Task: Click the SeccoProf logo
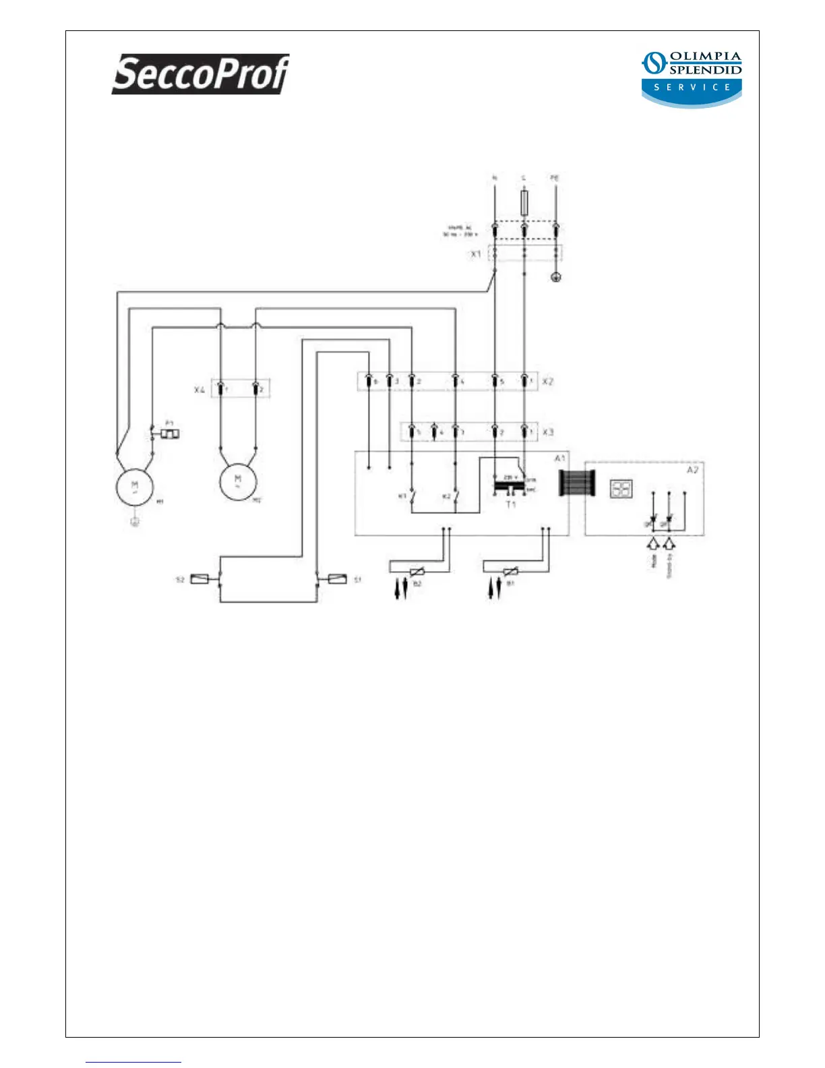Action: [200, 73]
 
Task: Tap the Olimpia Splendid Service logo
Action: [692, 78]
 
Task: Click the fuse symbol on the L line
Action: [524, 202]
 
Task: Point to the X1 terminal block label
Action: [476, 254]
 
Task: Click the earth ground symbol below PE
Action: [556, 276]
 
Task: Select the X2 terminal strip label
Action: [548, 382]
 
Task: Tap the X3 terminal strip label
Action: [548, 432]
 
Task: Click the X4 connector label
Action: [200, 390]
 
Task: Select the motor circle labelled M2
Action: [238, 481]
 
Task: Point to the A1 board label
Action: [559, 458]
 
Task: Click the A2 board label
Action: [692, 470]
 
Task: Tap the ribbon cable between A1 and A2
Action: [577, 483]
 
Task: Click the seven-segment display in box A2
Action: [620, 488]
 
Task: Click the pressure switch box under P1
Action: [170, 434]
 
